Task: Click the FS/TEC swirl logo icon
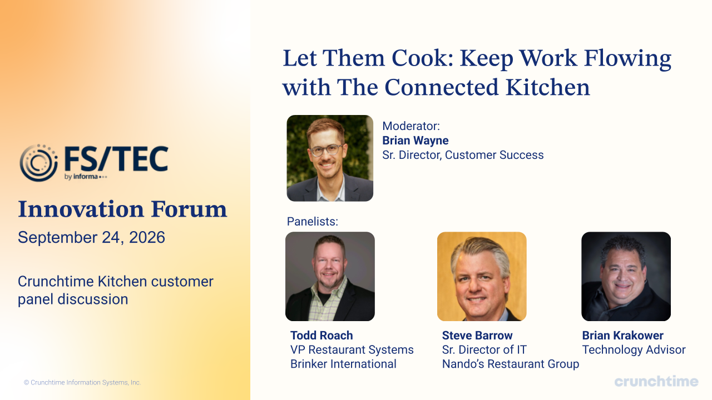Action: click(x=39, y=163)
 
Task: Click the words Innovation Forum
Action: click(x=123, y=209)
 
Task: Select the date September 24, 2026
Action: click(x=92, y=237)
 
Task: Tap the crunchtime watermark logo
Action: click(x=656, y=381)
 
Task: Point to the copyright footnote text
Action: click(x=82, y=383)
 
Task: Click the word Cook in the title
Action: click(x=419, y=58)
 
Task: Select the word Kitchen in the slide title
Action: click(x=548, y=87)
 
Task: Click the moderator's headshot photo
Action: click(x=330, y=158)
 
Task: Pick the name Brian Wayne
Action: click(x=415, y=141)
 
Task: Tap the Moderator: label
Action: click(x=411, y=126)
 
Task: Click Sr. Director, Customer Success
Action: click(x=463, y=155)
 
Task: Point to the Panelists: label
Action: click(x=313, y=221)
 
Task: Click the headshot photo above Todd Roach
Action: click(x=330, y=276)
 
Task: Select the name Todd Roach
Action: click(x=322, y=335)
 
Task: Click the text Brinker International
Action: click(x=343, y=364)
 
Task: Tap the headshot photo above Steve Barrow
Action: click(x=482, y=276)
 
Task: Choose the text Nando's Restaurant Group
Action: click(x=511, y=364)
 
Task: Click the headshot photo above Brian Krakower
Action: click(x=626, y=276)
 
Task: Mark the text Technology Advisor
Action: click(x=634, y=349)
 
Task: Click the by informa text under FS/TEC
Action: click(x=86, y=177)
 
